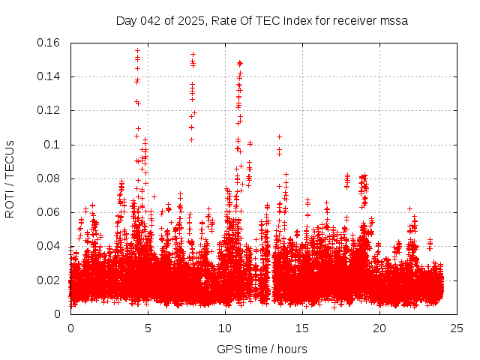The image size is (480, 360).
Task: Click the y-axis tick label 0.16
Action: coord(50,43)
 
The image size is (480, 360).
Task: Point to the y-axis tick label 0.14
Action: coord(50,76)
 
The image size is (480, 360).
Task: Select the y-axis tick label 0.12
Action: coord(50,110)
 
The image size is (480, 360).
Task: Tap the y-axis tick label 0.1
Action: coord(54,145)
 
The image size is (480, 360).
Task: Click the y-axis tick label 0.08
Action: coord(50,178)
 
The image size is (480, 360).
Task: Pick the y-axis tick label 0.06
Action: coord(50,212)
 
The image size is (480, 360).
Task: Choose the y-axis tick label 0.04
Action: coord(50,246)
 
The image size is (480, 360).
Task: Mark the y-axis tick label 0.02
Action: coord(50,280)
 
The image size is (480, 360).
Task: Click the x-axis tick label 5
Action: coord(148,328)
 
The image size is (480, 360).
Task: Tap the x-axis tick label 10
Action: coord(225,328)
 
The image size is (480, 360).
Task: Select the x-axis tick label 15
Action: coord(302,328)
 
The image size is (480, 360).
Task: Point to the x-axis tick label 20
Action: coord(379,328)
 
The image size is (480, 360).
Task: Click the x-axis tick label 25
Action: coord(457,328)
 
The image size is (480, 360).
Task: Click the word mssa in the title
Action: coord(394,20)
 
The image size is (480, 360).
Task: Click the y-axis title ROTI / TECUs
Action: coord(10,178)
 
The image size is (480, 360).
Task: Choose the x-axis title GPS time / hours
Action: coord(262,349)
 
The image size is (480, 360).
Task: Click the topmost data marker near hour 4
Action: coord(137,51)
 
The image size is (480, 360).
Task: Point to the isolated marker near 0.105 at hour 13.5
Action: coord(279,136)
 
